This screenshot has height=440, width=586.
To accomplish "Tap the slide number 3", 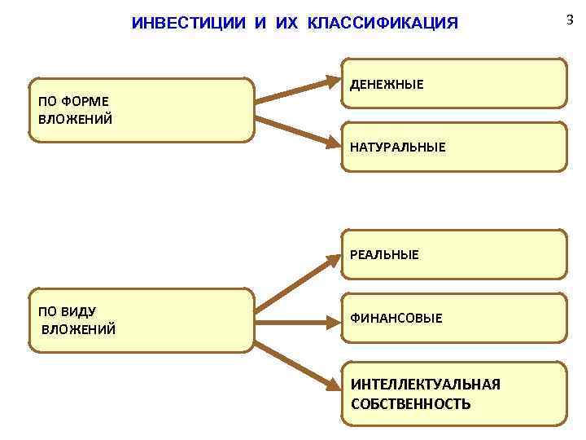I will coord(570,20).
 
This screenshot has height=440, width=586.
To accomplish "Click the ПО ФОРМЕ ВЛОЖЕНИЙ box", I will coord(141,110).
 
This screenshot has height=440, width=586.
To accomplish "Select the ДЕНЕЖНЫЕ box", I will coord(453,84).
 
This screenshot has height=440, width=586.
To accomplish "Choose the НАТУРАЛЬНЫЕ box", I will coord(453,147).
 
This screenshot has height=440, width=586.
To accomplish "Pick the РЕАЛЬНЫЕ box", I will coord(453,255).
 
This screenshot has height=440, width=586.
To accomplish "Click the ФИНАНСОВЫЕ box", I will coord(453,318).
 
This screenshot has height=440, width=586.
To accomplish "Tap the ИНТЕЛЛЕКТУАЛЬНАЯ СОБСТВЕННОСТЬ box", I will coord(453,394).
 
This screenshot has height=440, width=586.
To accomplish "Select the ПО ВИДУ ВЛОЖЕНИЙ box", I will coord(141,320).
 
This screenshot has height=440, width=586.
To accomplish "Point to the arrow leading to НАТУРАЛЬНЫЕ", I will coord(297,132).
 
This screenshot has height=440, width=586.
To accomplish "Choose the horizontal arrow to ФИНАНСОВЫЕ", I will coord(297,321).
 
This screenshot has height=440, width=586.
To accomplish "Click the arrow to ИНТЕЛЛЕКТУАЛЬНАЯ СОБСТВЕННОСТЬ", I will coord(297,360).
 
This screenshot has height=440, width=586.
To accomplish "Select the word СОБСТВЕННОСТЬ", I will coord(410,403).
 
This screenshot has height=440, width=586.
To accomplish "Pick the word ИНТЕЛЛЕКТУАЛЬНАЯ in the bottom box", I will coord(426,384).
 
